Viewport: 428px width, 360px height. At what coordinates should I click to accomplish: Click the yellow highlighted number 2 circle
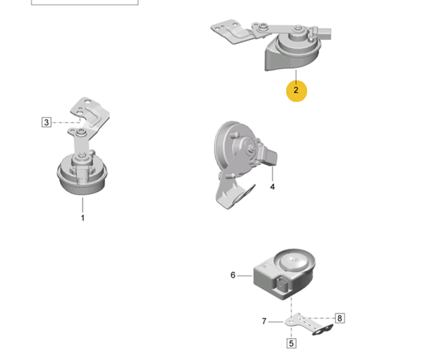[297, 91]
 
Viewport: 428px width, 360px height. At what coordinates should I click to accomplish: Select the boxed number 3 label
[47, 122]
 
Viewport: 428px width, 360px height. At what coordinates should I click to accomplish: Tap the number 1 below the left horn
[83, 218]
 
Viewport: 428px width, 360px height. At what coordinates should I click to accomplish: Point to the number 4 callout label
[272, 187]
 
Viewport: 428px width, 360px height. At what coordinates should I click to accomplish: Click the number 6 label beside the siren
[233, 275]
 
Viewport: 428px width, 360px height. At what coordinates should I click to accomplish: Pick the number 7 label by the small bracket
[264, 321]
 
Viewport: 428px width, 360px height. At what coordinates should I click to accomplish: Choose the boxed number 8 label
[339, 318]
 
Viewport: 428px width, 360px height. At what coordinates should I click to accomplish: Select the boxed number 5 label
[291, 343]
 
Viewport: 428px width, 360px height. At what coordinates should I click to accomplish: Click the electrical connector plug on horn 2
[323, 33]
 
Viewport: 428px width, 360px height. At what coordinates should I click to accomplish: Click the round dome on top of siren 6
[294, 260]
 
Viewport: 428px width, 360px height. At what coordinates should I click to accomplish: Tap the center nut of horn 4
[252, 147]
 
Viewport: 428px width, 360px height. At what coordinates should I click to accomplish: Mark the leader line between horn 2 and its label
[296, 75]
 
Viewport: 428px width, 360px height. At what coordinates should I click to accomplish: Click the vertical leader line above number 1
[83, 205]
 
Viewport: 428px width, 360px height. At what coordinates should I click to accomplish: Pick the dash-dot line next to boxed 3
[66, 122]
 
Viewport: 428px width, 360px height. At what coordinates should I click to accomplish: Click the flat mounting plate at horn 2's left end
[231, 31]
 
